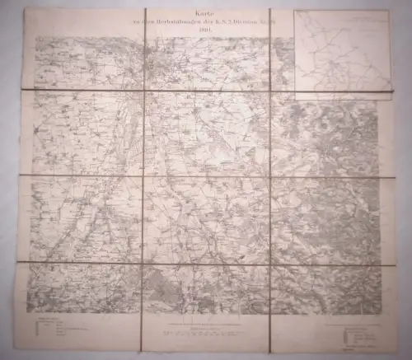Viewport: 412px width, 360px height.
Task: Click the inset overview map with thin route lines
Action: coord(340,54)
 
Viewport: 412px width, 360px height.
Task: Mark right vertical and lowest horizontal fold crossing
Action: coord(270,264)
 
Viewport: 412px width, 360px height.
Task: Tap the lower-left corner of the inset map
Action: coord(293,99)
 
